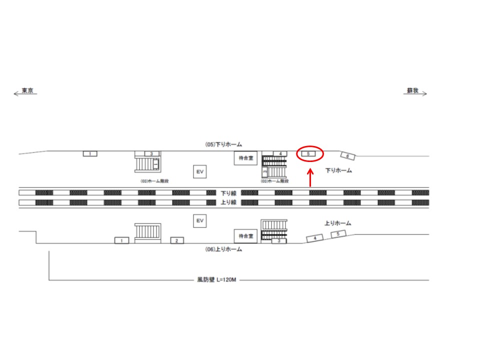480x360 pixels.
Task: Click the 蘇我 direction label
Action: click(x=412, y=91)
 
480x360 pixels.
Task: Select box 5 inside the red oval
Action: click(x=309, y=154)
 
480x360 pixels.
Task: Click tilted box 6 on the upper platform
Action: click(x=348, y=156)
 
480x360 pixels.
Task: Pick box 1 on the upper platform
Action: click(x=90, y=153)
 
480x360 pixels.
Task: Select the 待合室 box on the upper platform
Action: click(x=245, y=158)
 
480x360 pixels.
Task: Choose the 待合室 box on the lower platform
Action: click(x=245, y=235)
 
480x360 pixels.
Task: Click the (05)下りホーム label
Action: click(x=223, y=144)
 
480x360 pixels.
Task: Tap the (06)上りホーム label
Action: click(x=223, y=249)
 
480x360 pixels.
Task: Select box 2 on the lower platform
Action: click(x=176, y=240)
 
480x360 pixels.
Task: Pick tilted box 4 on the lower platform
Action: click(x=315, y=238)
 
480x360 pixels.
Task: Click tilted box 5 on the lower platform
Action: click(x=338, y=234)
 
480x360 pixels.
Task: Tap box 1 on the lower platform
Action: click(x=122, y=240)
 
